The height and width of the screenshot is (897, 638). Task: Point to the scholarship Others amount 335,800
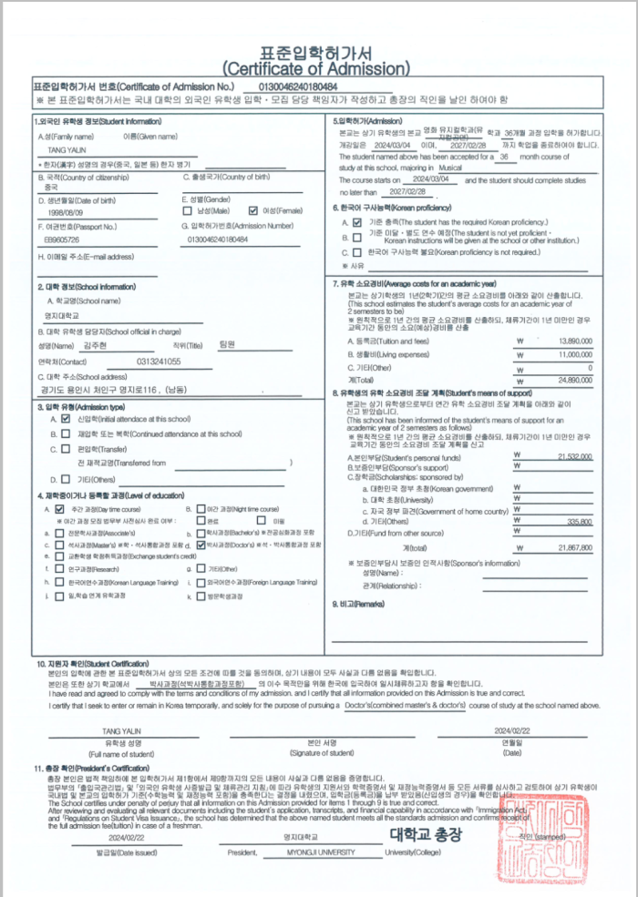[580, 521]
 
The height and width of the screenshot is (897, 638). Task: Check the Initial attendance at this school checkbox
[66, 419]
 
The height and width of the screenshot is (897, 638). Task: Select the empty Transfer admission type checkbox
[66, 449]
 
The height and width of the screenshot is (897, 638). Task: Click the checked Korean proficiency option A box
[357, 222]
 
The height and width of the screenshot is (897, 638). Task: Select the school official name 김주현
[94, 345]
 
